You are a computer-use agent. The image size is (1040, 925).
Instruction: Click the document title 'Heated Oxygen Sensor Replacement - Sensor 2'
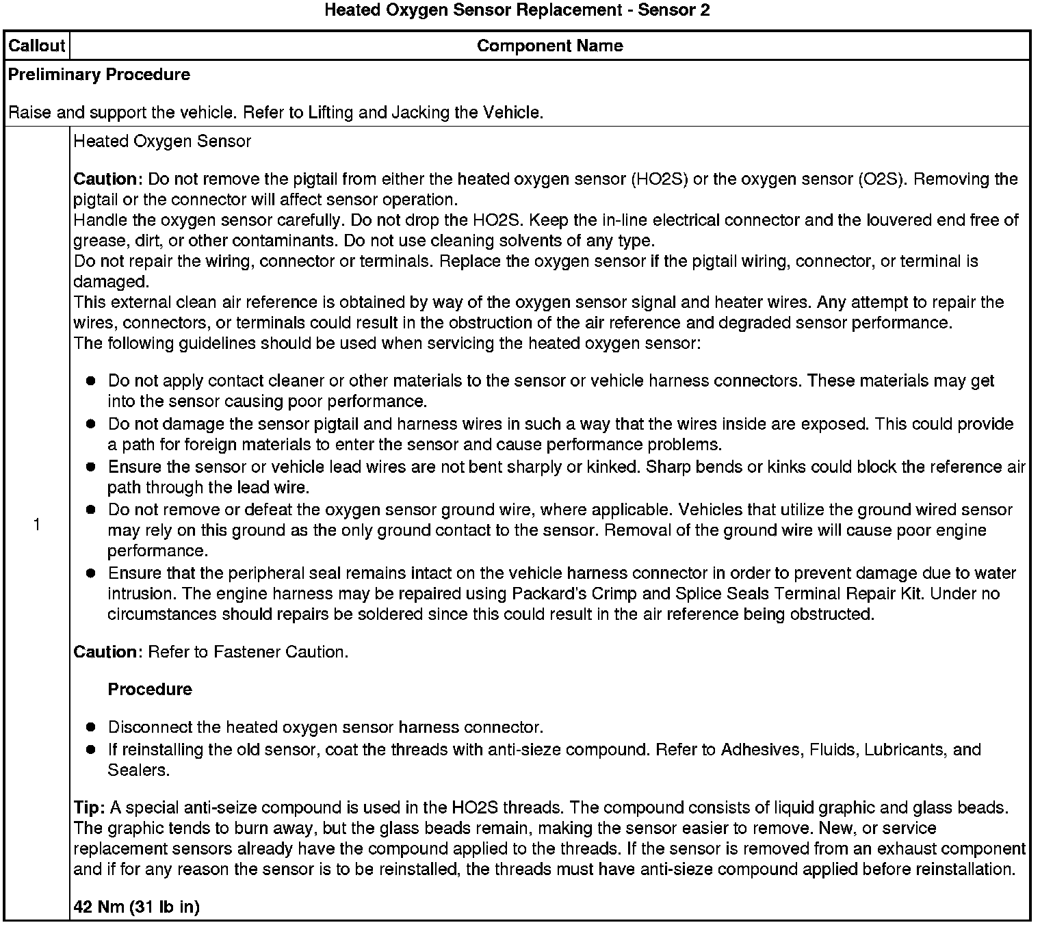coord(517,10)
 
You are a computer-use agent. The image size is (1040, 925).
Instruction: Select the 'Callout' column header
coord(36,46)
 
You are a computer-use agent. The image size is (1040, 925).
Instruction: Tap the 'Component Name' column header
coord(549,46)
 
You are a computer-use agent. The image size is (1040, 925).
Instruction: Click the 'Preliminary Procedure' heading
coord(99,75)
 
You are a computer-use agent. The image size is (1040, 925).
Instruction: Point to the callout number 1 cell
coord(36,525)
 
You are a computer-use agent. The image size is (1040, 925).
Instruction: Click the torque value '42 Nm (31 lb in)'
coord(136,907)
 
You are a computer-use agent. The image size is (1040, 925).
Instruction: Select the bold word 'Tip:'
coord(89,808)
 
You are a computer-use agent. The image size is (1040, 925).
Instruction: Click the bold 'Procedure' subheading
coord(150,689)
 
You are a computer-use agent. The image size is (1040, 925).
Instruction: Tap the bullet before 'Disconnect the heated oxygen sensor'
coord(90,727)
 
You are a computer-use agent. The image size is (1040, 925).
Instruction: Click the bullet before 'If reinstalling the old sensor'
coord(90,750)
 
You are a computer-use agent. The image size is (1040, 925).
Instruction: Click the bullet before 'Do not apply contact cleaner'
coord(90,381)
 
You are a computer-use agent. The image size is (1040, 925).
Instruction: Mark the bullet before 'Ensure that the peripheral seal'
coord(90,573)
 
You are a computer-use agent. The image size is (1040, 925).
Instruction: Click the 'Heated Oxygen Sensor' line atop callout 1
coord(162,142)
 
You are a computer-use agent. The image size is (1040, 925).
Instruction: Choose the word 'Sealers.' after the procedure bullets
coord(138,770)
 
